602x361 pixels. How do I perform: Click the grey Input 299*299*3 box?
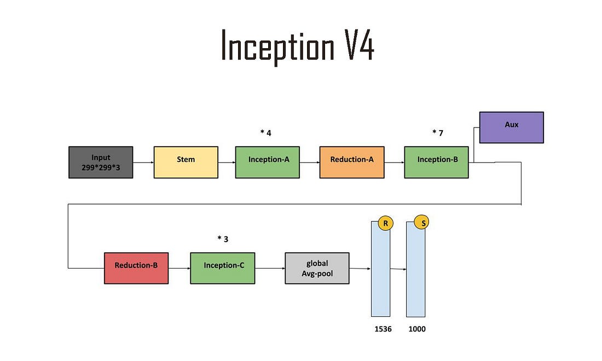(101, 162)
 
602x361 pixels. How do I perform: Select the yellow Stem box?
(186, 162)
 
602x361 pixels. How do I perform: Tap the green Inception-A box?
(268, 162)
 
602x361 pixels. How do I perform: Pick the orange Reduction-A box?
(351, 162)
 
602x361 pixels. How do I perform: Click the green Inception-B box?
(436, 162)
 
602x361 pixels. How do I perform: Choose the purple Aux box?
(511, 127)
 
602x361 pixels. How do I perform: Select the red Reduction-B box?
(136, 268)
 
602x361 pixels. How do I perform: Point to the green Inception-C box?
(222, 268)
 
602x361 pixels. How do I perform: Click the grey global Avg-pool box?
(317, 268)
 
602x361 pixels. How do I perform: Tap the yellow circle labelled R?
(385, 223)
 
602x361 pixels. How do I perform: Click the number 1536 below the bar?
(383, 329)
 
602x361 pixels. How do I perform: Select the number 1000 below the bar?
(417, 329)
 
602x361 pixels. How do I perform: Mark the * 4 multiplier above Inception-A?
(265, 132)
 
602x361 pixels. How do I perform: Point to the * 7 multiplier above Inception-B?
(437, 132)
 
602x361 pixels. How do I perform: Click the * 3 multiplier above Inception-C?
(223, 238)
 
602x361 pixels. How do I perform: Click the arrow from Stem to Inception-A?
(227, 162)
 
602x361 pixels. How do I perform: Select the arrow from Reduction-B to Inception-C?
(179, 268)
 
